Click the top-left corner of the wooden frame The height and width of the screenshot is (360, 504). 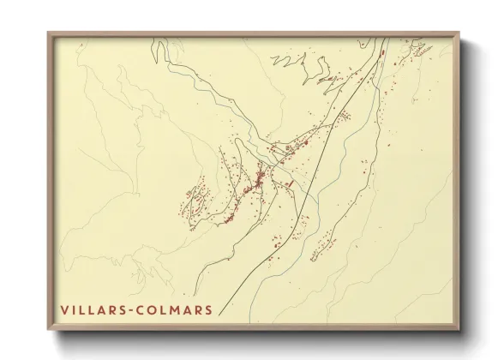pos(49,33)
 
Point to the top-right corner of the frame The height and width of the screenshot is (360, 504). pos(458,33)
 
